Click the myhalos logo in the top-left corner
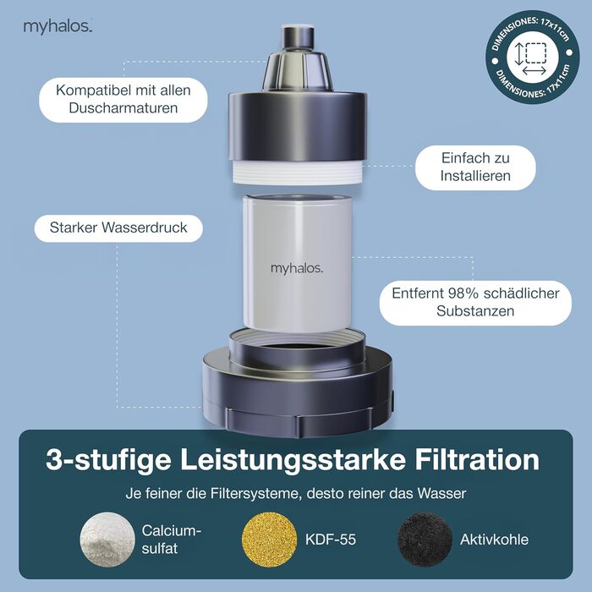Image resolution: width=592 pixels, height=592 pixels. click(58, 27)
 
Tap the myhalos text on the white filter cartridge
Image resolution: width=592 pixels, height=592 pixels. click(297, 268)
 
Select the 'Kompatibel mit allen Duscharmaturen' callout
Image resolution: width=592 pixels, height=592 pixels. click(123, 100)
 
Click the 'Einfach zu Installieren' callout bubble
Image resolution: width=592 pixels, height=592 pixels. click(475, 167)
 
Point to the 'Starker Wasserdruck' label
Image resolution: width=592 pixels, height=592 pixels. click(118, 228)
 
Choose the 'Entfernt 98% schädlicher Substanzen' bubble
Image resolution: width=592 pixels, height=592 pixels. click(475, 303)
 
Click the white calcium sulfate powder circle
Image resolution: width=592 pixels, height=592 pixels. click(107, 540)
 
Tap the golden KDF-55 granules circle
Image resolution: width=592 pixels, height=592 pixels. click(269, 540)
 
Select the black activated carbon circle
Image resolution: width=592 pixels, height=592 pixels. click(425, 540)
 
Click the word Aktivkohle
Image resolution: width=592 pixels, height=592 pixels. click(494, 540)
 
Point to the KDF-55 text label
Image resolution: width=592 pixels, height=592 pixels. click(331, 540)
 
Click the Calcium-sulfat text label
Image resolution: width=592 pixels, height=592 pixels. click(171, 540)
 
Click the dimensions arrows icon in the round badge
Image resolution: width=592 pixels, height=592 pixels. click(532, 58)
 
